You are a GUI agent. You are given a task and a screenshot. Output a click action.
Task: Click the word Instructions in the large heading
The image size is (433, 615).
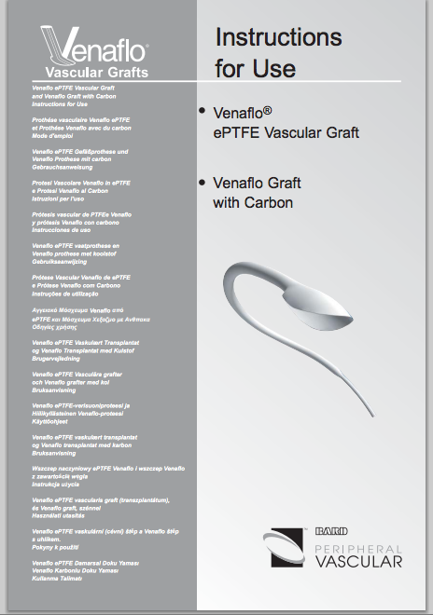pyautogui.click(x=278, y=38)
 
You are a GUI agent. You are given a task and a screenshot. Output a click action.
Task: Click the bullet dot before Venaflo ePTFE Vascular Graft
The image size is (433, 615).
pyautogui.click(x=203, y=112)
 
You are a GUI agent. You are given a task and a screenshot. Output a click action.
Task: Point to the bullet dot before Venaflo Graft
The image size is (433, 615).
pyautogui.click(x=203, y=182)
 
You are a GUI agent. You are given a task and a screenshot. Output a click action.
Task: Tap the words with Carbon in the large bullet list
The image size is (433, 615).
pyautogui.click(x=253, y=202)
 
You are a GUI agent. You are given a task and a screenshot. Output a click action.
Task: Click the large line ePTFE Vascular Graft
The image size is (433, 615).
pyautogui.click(x=286, y=132)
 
